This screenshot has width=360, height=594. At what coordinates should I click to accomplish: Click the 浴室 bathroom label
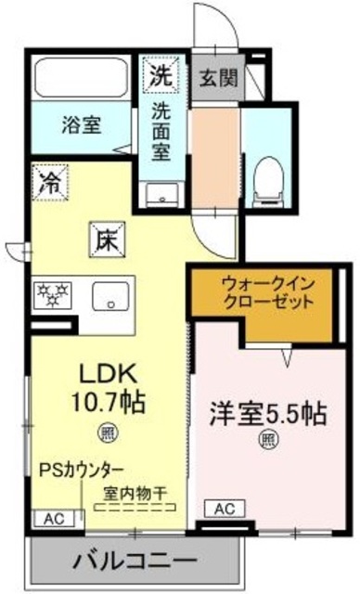click(83, 122)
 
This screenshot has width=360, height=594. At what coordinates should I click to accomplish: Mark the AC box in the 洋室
click(225, 509)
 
